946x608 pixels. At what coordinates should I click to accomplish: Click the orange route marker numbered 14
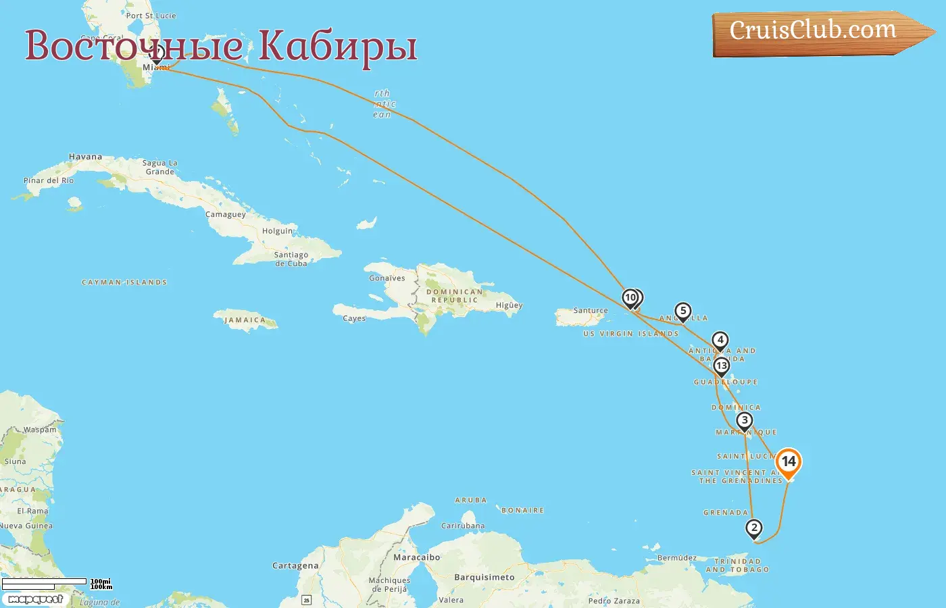click(788, 462)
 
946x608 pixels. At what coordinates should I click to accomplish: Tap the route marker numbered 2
click(754, 528)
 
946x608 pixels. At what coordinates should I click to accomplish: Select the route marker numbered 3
click(744, 420)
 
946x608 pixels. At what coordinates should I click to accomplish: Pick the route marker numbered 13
click(722, 366)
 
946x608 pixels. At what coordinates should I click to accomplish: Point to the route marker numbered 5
click(683, 311)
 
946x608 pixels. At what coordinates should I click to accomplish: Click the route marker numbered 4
click(720, 340)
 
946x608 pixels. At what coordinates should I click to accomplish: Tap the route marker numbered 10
click(630, 297)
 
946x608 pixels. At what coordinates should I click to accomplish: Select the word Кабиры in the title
click(338, 46)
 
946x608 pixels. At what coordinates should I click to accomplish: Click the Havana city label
click(86, 157)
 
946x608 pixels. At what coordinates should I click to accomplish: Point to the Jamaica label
click(245, 320)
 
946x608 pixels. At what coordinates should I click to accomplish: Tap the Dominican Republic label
click(454, 296)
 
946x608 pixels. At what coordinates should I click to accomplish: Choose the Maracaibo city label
click(416, 557)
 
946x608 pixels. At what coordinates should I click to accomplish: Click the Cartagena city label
click(295, 565)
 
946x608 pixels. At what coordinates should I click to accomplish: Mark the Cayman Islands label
click(124, 282)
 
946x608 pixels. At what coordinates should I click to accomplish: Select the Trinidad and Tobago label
click(737, 565)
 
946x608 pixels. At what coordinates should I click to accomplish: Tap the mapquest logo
click(35, 599)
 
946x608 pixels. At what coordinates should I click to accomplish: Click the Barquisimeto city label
click(484, 578)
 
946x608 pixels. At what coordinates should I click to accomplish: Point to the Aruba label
click(471, 501)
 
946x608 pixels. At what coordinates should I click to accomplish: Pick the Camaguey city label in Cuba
click(226, 215)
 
